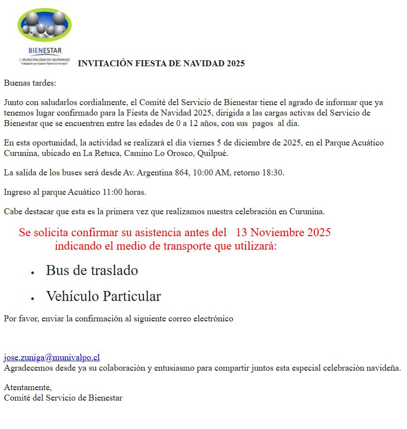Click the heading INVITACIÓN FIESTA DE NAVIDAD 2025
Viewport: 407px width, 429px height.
[x=161, y=64]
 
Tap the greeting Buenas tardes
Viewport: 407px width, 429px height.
[x=30, y=83]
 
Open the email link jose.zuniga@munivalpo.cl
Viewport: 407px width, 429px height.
[x=52, y=357]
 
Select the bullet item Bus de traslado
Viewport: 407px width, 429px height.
[x=92, y=271]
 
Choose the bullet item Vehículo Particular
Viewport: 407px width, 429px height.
[x=103, y=296]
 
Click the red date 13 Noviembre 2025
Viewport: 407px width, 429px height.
[x=283, y=233]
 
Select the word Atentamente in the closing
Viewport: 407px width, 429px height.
[x=27, y=387]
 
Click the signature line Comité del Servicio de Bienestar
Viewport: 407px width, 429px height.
[x=63, y=398]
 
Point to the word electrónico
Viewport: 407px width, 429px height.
[x=214, y=318]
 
